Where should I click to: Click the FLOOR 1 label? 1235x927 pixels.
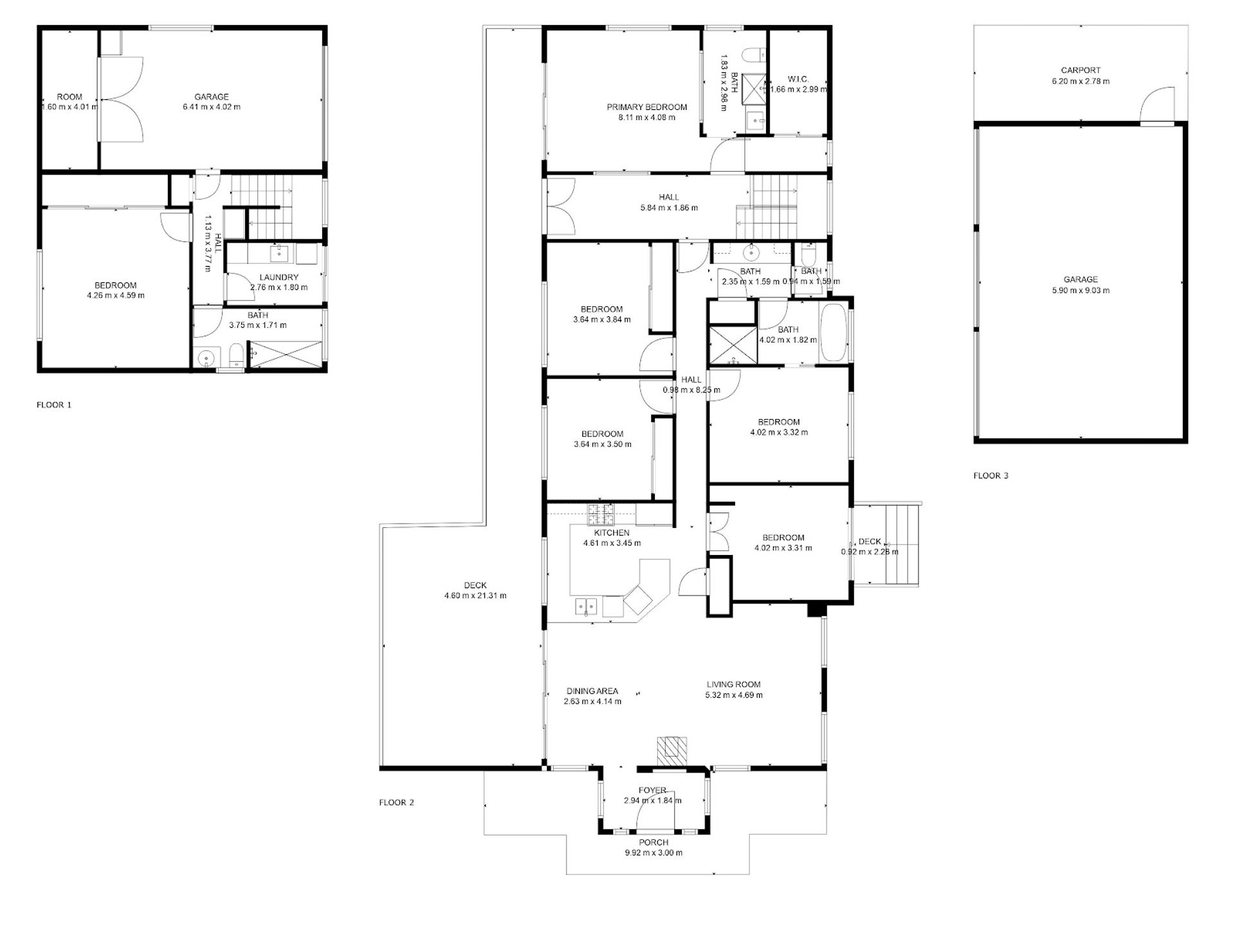click(54, 405)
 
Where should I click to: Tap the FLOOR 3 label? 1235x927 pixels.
click(991, 476)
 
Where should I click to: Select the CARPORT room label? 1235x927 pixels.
click(1081, 70)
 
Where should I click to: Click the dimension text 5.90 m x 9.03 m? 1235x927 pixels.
click(1081, 290)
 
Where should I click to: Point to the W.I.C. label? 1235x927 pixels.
click(798, 79)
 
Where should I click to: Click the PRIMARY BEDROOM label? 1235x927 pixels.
click(647, 107)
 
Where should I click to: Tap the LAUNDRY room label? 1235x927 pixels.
click(279, 277)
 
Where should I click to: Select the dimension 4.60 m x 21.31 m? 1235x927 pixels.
click(475, 596)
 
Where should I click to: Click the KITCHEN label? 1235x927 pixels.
click(612, 533)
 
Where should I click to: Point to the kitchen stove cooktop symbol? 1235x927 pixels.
click(601, 514)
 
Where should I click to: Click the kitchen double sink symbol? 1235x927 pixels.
click(587, 606)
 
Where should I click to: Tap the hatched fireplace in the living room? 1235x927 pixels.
click(672, 750)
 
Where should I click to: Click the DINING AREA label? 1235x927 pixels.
click(592, 691)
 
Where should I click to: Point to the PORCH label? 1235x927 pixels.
click(654, 843)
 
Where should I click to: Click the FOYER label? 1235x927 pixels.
click(652, 791)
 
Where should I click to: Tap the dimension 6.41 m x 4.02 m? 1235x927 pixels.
click(212, 107)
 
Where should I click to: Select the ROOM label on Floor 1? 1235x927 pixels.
click(69, 97)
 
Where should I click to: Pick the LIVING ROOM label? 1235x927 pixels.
click(734, 685)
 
